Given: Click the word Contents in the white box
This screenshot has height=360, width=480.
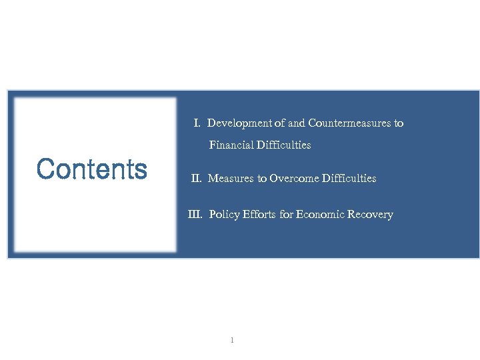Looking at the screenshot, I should tap(92, 169).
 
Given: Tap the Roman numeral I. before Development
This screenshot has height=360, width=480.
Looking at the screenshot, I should tap(197, 123).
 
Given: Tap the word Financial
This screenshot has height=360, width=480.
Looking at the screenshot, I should tap(229, 145).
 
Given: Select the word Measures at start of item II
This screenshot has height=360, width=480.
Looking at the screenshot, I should tap(228, 179).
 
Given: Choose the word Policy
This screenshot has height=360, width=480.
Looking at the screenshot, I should tap(223, 215).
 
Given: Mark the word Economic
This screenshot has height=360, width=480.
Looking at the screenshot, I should tap(323, 215).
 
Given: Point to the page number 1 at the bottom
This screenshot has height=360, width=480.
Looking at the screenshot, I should tap(231, 341).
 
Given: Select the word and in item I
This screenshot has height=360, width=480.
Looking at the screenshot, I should tap(297, 123).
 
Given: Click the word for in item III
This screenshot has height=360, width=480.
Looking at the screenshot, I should tap(285, 215).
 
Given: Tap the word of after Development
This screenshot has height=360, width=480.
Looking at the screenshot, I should tap(279, 123).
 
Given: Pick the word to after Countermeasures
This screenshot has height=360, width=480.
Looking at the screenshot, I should tap(398, 123).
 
